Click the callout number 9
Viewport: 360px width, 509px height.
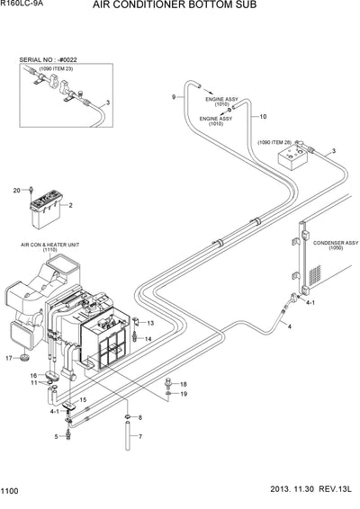pyautogui.click(x=173, y=96)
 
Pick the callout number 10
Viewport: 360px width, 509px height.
pyautogui.click(x=264, y=116)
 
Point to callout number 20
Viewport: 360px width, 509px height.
pyautogui.click(x=16, y=190)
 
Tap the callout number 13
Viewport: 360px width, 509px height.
pyautogui.click(x=150, y=323)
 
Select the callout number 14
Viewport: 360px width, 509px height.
pyautogui.click(x=148, y=338)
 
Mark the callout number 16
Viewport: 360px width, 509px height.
pyautogui.click(x=32, y=375)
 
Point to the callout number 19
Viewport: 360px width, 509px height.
pyautogui.click(x=183, y=394)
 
